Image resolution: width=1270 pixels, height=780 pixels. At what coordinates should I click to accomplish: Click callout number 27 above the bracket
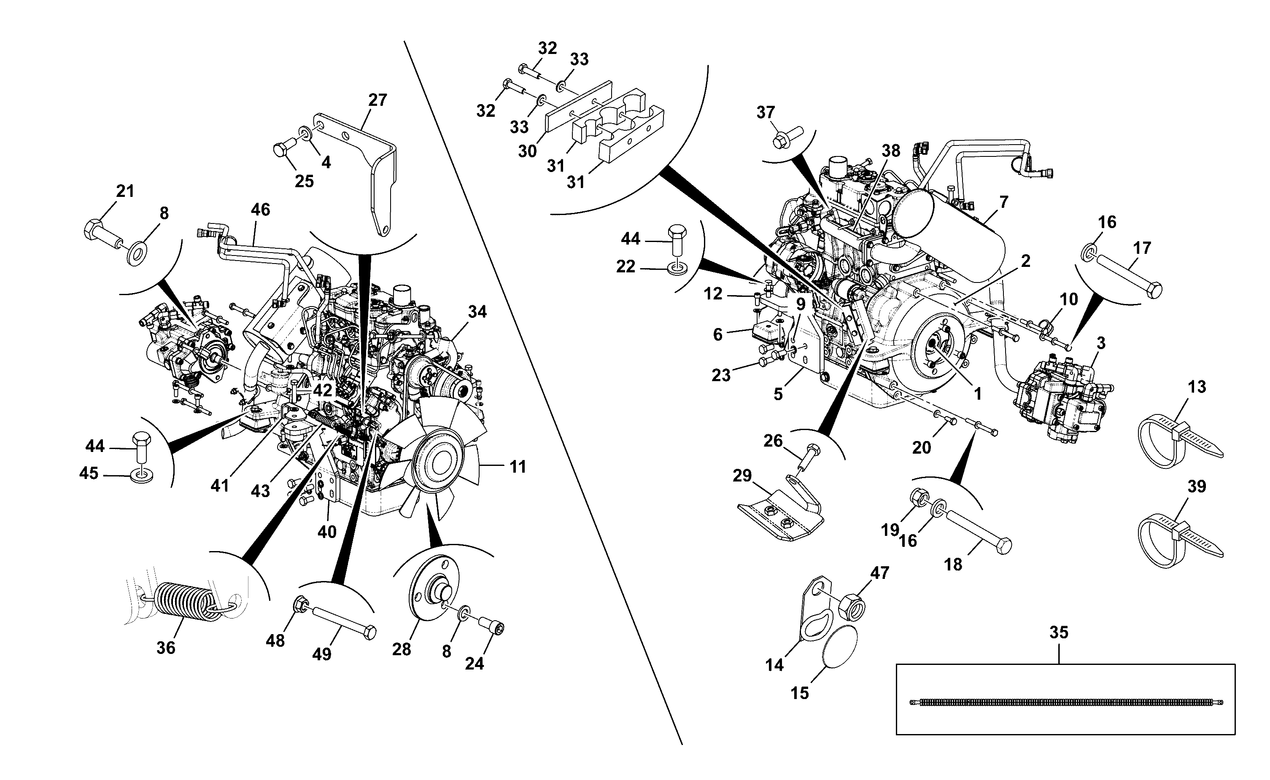(x=377, y=100)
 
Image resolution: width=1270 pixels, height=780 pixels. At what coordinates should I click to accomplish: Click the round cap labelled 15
(x=839, y=648)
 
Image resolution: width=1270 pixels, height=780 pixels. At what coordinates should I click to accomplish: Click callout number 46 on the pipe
(x=261, y=210)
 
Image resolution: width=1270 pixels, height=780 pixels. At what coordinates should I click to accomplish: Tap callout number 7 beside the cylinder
(x=1003, y=202)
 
